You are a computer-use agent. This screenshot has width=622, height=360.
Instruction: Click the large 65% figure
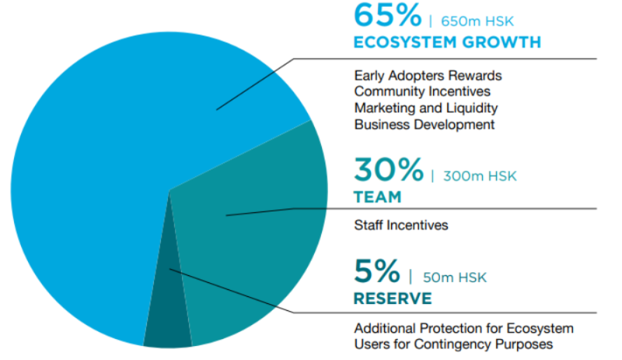pyautogui.click(x=387, y=16)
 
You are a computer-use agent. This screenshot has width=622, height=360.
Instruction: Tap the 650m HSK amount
pyautogui.click(x=477, y=21)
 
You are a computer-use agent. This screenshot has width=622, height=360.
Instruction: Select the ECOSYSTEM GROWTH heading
pyautogui.click(x=448, y=42)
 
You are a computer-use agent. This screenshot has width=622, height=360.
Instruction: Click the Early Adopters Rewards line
pyautogui.click(x=428, y=75)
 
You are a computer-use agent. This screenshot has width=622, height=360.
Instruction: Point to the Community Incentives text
pyautogui.click(x=422, y=91)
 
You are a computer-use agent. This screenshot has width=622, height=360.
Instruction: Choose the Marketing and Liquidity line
pyautogui.click(x=426, y=108)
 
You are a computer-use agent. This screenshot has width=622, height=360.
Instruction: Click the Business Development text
pyautogui.click(x=425, y=124)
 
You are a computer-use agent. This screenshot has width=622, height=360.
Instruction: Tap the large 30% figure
pyautogui.click(x=389, y=170)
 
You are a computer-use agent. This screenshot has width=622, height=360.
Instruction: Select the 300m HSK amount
pyautogui.click(x=480, y=176)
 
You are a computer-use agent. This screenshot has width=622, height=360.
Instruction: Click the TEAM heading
pyautogui.click(x=378, y=197)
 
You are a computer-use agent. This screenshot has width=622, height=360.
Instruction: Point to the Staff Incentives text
pyautogui.click(x=401, y=225)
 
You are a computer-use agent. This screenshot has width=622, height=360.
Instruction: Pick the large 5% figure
pyautogui.click(x=377, y=271)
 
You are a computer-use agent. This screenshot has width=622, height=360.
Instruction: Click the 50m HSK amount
pyautogui.click(x=455, y=278)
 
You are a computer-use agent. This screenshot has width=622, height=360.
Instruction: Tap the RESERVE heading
pyautogui.click(x=393, y=299)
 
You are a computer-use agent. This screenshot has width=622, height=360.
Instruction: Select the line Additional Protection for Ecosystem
pyautogui.click(x=463, y=328)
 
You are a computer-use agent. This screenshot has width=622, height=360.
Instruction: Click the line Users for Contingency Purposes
pyautogui.click(x=453, y=344)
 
